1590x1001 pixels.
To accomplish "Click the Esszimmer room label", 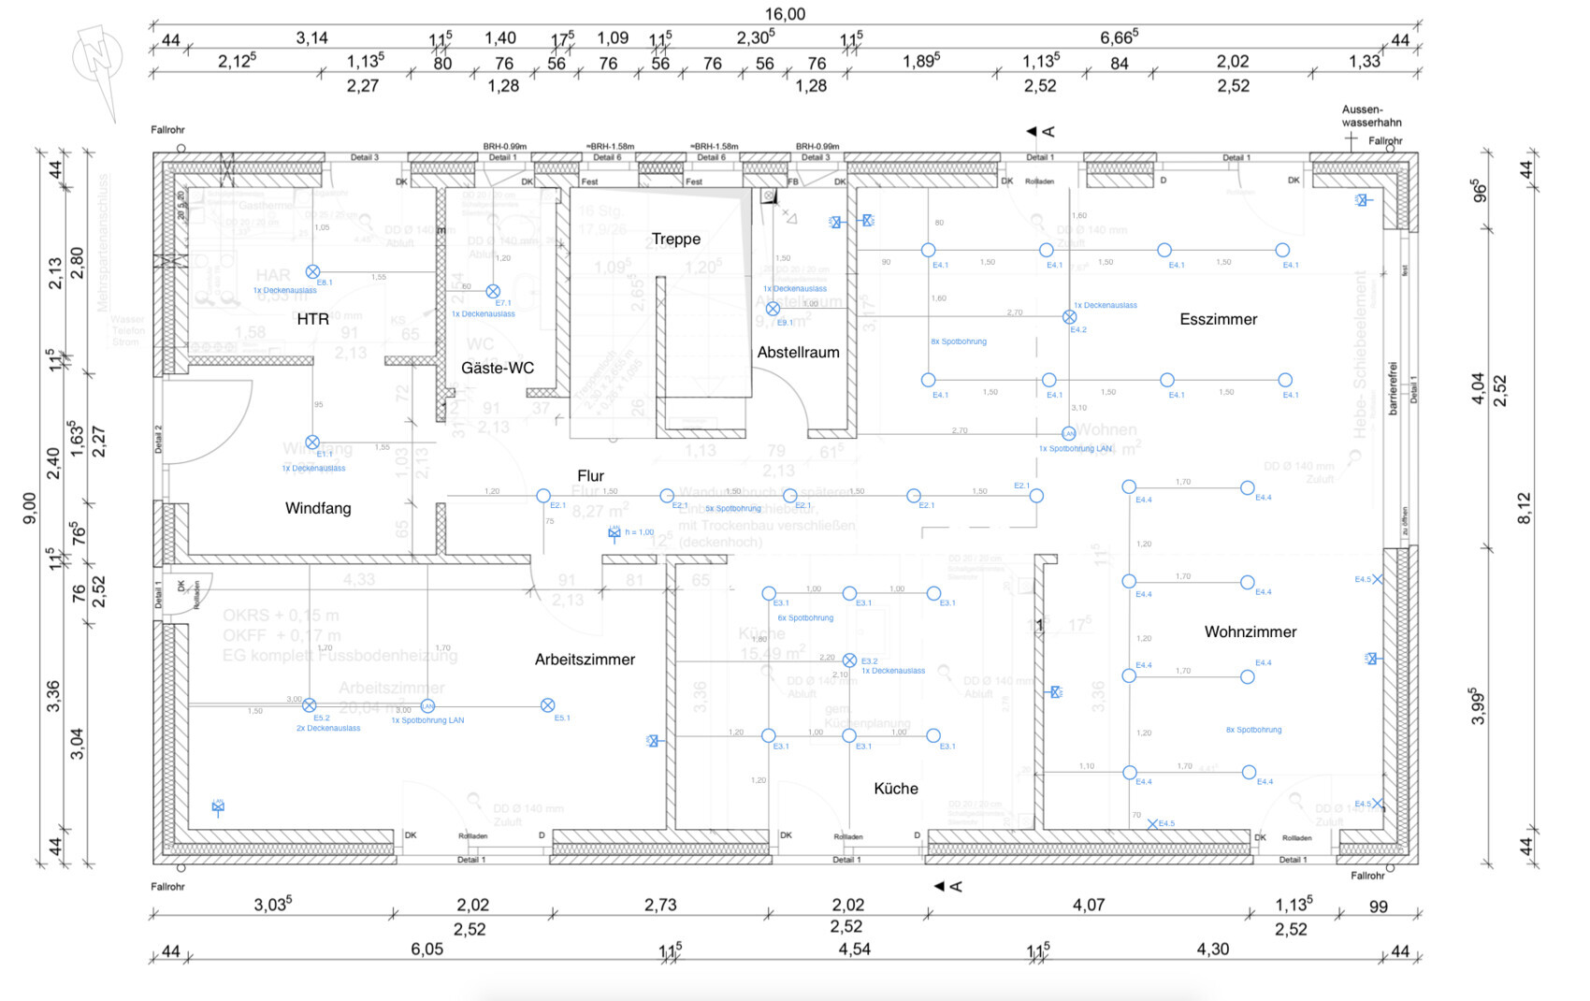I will tap(1218, 319).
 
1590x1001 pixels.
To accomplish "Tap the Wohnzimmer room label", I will tap(1250, 631).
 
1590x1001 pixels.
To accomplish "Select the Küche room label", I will tap(895, 788).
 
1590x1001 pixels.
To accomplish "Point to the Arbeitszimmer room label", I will tap(585, 659).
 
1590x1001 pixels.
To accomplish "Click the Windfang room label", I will tap(318, 508).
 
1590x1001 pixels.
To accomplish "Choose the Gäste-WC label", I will tap(498, 368).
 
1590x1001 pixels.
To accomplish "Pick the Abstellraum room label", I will tap(798, 352).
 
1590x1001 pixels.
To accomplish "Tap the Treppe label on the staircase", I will tap(675, 239).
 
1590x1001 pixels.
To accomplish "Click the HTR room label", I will tap(312, 319).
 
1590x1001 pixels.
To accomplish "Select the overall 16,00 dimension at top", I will tap(785, 14).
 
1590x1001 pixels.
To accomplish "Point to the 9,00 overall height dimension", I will tap(30, 507).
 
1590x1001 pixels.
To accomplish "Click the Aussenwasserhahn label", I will tap(1370, 116).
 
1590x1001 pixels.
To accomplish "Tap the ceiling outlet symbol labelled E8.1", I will tap(312, 272).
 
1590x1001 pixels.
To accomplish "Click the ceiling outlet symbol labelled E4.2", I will tap(1069, 317).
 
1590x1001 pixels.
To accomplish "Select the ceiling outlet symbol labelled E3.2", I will tap(849, 660).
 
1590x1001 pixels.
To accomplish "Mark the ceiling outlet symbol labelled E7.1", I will tap(493, 292).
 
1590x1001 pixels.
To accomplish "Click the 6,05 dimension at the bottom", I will tap(426, 949).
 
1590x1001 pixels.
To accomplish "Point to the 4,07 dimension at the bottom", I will tap(1088, 905).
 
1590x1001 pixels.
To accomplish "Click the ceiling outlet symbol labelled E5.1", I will tap(548, 705).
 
